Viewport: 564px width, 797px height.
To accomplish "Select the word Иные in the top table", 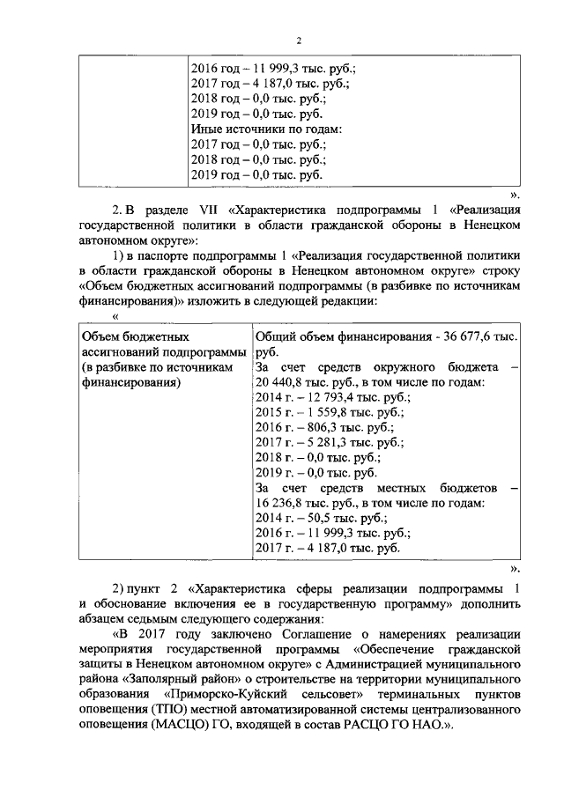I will pos(207,129).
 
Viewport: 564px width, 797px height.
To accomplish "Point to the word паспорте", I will pos(160,255).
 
